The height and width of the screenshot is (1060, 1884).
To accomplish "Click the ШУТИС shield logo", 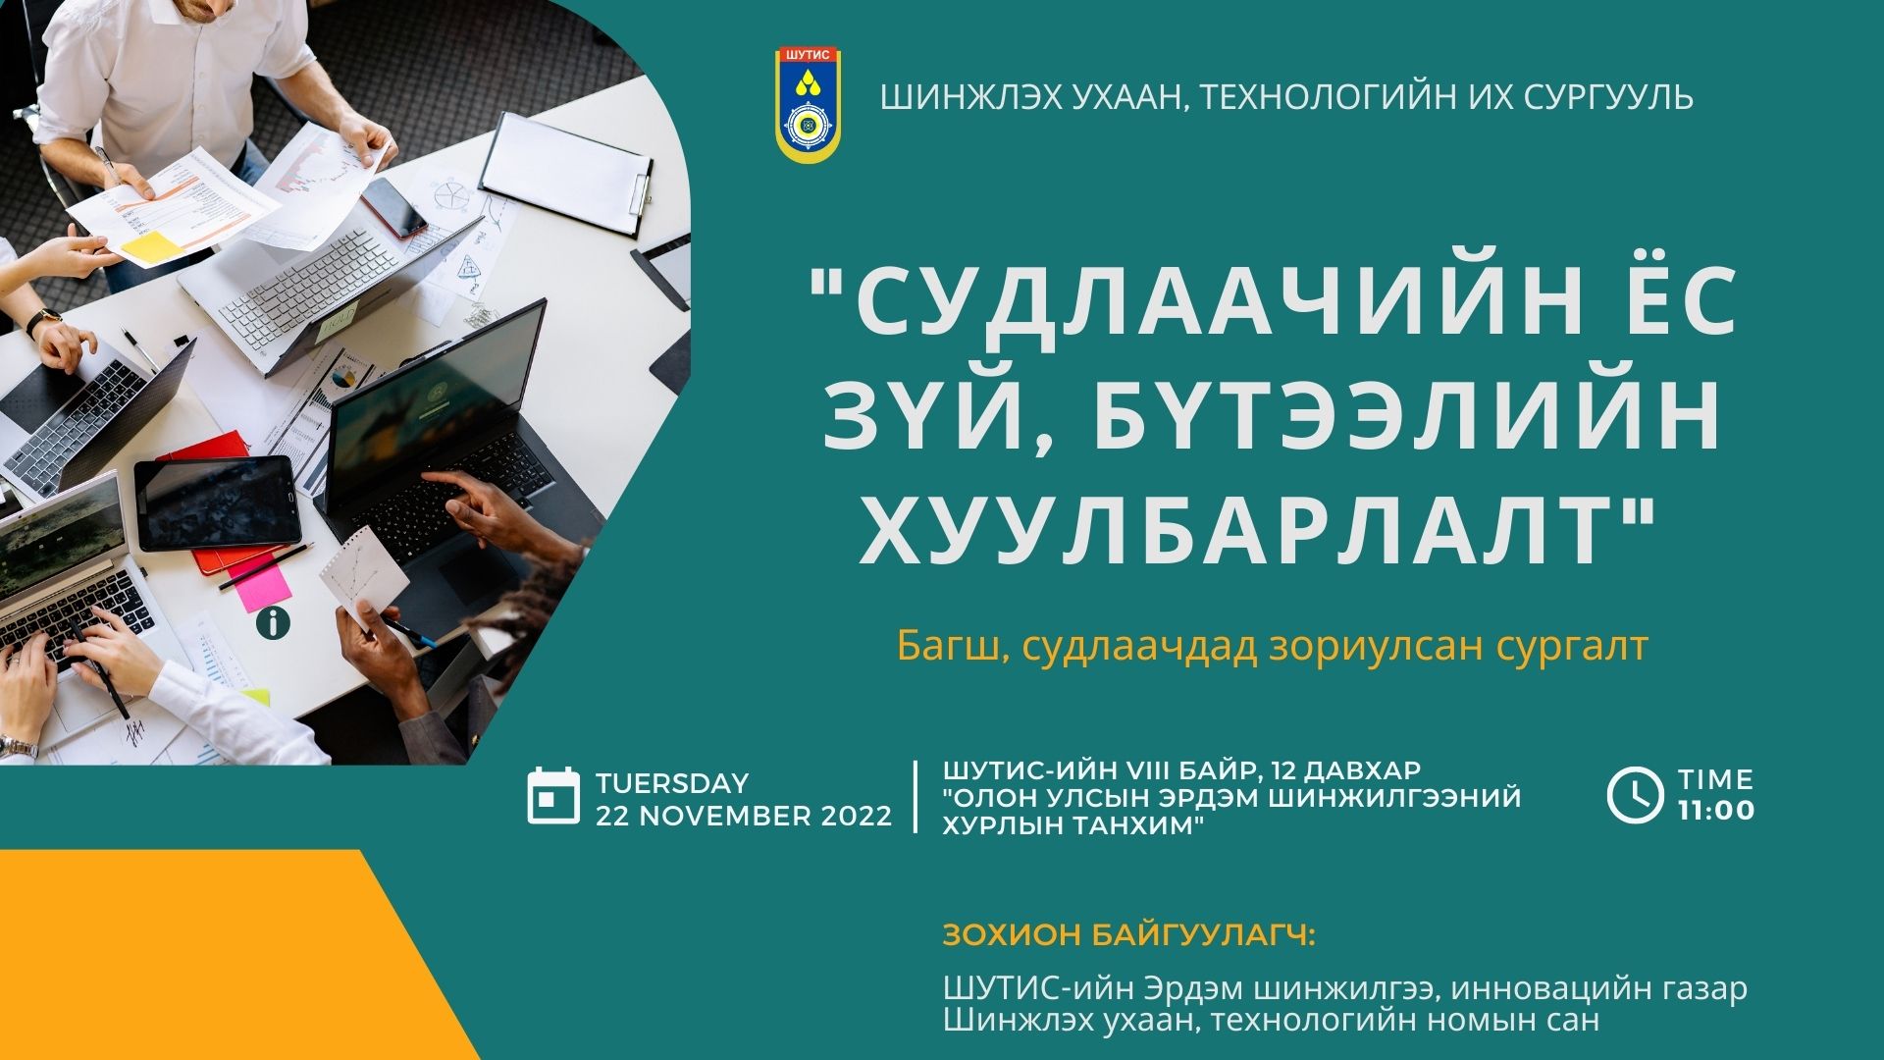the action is [809, 105].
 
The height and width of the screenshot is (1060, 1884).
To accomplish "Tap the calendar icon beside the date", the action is [554, 796].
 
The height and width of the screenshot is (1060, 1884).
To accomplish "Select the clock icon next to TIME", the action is [1635, 795].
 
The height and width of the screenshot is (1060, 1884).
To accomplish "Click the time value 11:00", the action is [1716, 811].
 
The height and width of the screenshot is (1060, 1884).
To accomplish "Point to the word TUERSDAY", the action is [672, 783].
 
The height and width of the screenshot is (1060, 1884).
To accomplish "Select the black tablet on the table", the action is [218, 503].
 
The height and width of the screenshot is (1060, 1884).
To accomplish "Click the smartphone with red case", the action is [392, 207].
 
